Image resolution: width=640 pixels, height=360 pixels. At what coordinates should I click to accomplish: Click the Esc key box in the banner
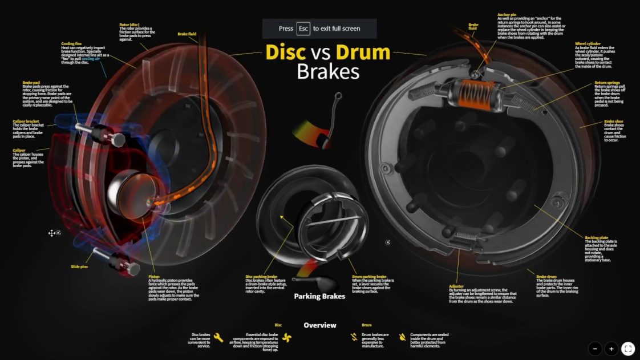tap(303, 29)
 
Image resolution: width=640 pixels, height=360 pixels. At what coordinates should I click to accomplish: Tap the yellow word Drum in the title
tap(363, 52)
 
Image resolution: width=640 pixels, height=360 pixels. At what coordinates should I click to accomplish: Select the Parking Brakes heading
tap(319, 296)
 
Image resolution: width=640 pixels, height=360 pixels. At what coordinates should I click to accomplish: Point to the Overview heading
tap(319, 325)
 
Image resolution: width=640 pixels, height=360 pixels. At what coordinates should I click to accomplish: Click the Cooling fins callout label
tap(72, 43)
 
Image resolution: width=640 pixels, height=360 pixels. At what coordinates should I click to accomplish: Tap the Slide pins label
tap(79, 266)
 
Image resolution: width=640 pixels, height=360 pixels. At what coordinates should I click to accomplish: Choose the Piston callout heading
tap(154, 277)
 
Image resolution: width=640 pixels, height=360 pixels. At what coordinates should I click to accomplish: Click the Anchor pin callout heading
tap(507, 14)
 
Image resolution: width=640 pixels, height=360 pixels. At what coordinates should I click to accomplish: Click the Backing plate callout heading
tap(597, 237)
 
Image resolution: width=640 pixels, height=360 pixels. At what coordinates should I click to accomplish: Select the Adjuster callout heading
tap(456, 286)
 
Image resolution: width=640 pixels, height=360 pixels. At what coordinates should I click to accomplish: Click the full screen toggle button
tap(627, 348)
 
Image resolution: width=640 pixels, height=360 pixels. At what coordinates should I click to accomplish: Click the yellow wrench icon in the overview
tap(218, 337)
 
